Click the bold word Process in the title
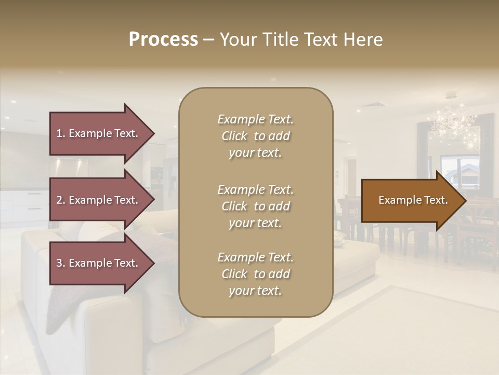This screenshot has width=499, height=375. pyautogui.click(x=163, y=40)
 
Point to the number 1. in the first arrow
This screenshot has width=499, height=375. pyautogui.click(x=61, y=133)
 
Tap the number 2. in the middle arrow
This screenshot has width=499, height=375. pyautogui.click(x=61, y=200)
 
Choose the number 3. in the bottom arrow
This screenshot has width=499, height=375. pyautogui.click(x=61, y=263)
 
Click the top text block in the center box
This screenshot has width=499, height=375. pyautogui.click(x=255, y=136)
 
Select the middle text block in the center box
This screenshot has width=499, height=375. pyautogui.click(x=255, y=206)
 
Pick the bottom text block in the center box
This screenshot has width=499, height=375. pyautogui.click(x=255, y=274)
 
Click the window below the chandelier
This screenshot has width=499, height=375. pyautogui.click(x=459, y=174)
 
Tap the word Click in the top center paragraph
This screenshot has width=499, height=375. pyautogui.click(x=234, y=136)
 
